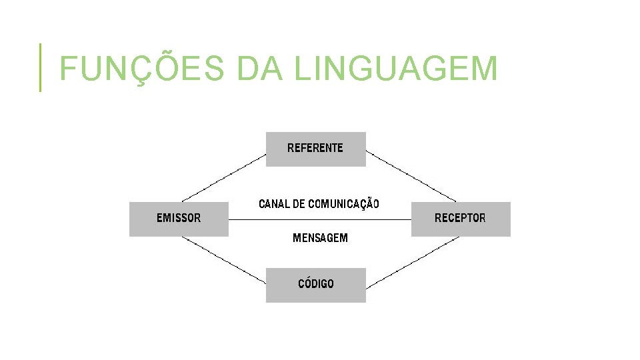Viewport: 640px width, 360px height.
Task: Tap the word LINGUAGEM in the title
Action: point(395,69)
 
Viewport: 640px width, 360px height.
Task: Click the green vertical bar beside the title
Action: point(40,67)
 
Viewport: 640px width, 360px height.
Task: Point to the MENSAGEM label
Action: point(320,238)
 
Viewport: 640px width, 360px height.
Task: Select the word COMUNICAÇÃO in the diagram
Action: point(343,204)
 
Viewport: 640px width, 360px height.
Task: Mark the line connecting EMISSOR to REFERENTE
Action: point(223,178)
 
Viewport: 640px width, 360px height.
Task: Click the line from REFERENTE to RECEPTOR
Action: point(411,176)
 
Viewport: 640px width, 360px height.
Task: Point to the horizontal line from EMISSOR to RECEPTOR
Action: point(320,219)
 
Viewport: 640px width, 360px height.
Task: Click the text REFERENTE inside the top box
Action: point(315,148)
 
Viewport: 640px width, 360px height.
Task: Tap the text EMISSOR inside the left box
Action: point(179,218)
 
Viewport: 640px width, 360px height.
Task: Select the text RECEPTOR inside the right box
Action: point(460,218)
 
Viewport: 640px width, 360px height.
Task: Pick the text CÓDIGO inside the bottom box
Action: point(316,284)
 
